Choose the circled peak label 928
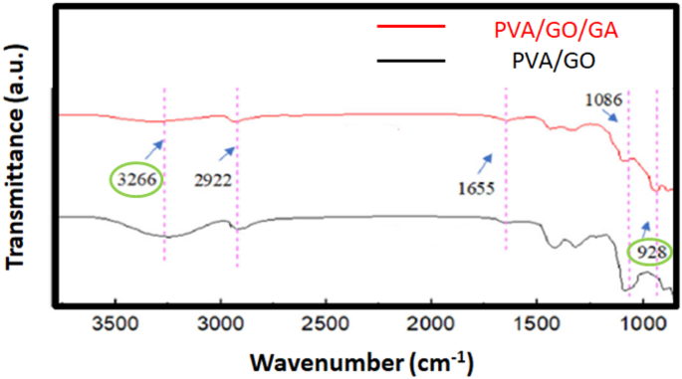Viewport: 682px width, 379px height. (651, 253)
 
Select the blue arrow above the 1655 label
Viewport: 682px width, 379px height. (487, 159)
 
